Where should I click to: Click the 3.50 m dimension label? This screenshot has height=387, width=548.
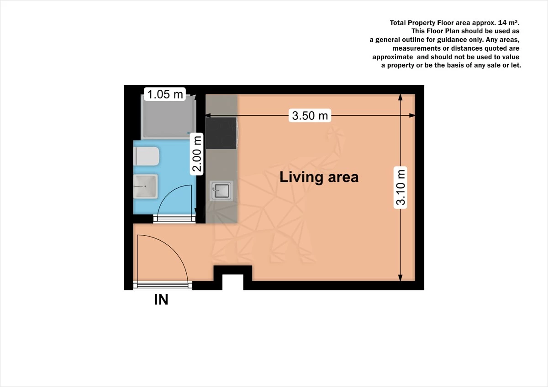click(x=310, y=116)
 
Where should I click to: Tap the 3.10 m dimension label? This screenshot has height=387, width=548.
click(x=400, y=188)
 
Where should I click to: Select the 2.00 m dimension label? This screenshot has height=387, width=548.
click(x=197, y=154)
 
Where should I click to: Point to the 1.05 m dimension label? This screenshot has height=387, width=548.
click(x=164, y=94)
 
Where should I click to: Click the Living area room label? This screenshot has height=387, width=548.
click(x=319, y=177)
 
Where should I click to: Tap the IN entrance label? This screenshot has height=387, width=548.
click(x=161, y=300)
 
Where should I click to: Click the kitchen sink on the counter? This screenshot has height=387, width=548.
click(x=221, y=191)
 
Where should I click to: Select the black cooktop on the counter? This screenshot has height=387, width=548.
click(x=221, y=133)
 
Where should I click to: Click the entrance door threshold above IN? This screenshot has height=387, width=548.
click(x=163, y=285)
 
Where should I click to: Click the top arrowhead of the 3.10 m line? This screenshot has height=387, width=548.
click(x=400, y=96)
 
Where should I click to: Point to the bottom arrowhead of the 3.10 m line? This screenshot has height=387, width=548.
click(x=400, y=279)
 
